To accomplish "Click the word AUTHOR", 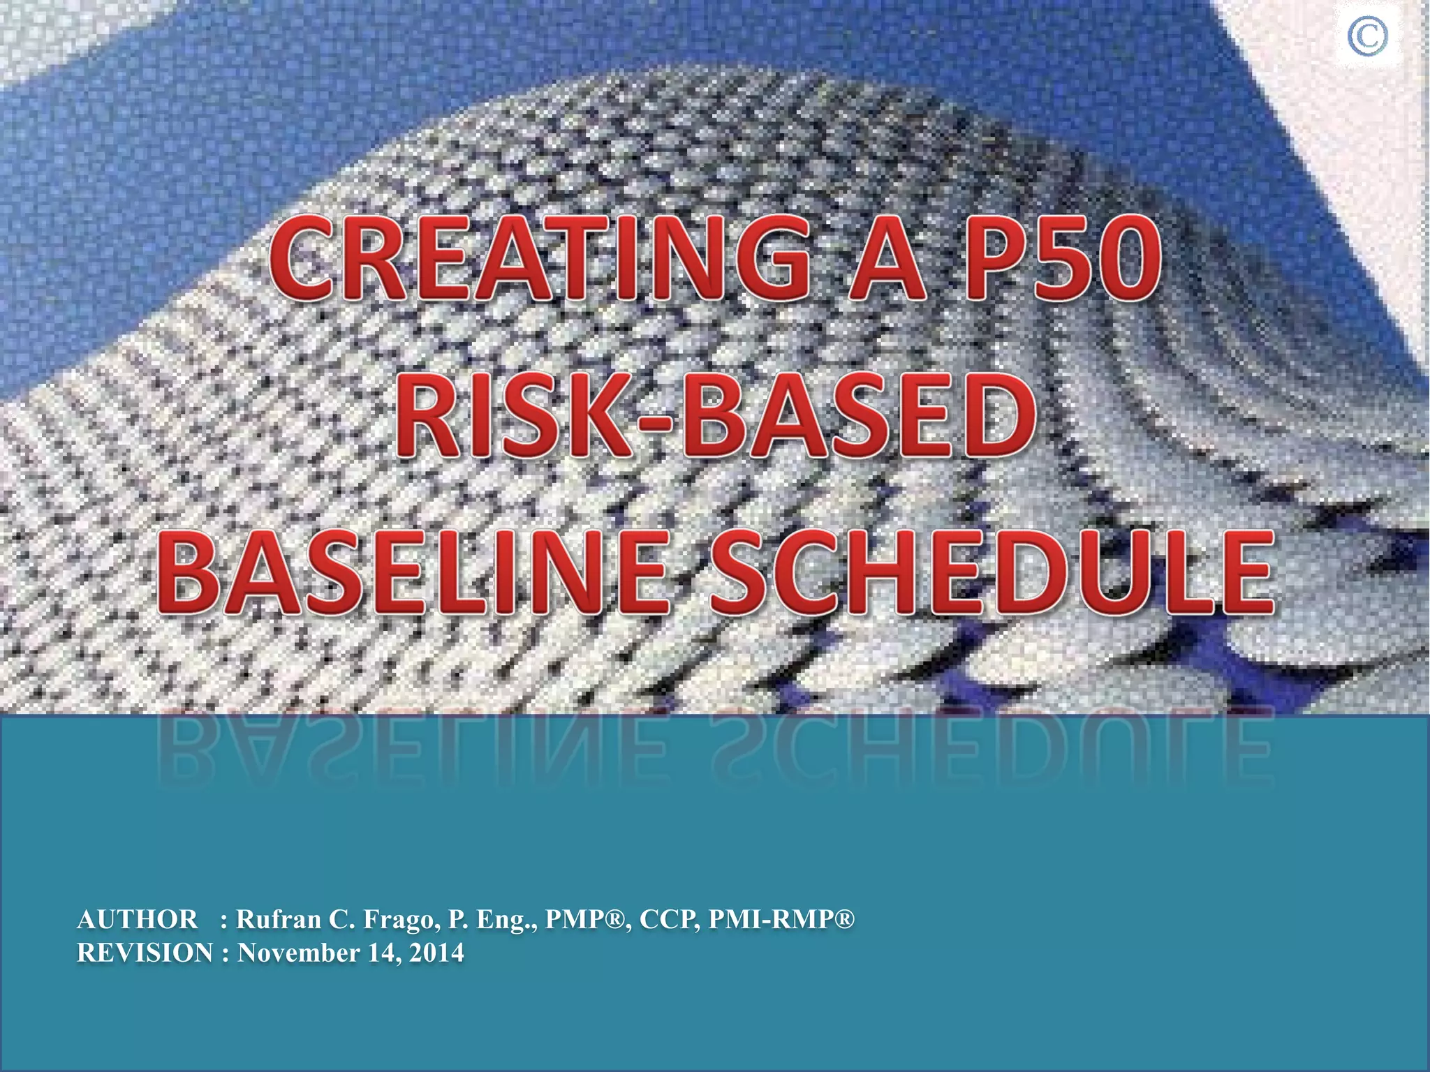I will [x=138, y=920].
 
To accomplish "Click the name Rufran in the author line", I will [x=279, y=920].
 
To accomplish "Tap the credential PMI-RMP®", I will [x=781, y=920].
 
